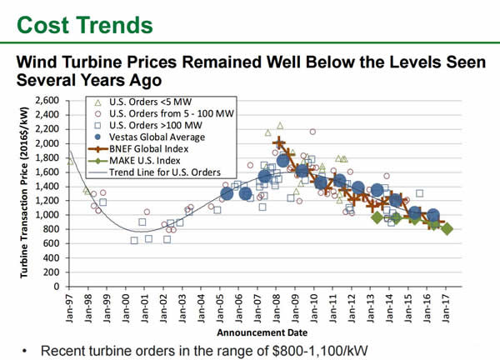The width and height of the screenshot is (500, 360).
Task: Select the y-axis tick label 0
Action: tap(57, 287)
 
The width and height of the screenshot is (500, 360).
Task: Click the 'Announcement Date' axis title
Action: tap(259, 331)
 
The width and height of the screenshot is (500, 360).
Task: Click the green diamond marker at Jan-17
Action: tap(447, 228)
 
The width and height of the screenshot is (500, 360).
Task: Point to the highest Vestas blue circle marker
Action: tap(283, 161)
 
